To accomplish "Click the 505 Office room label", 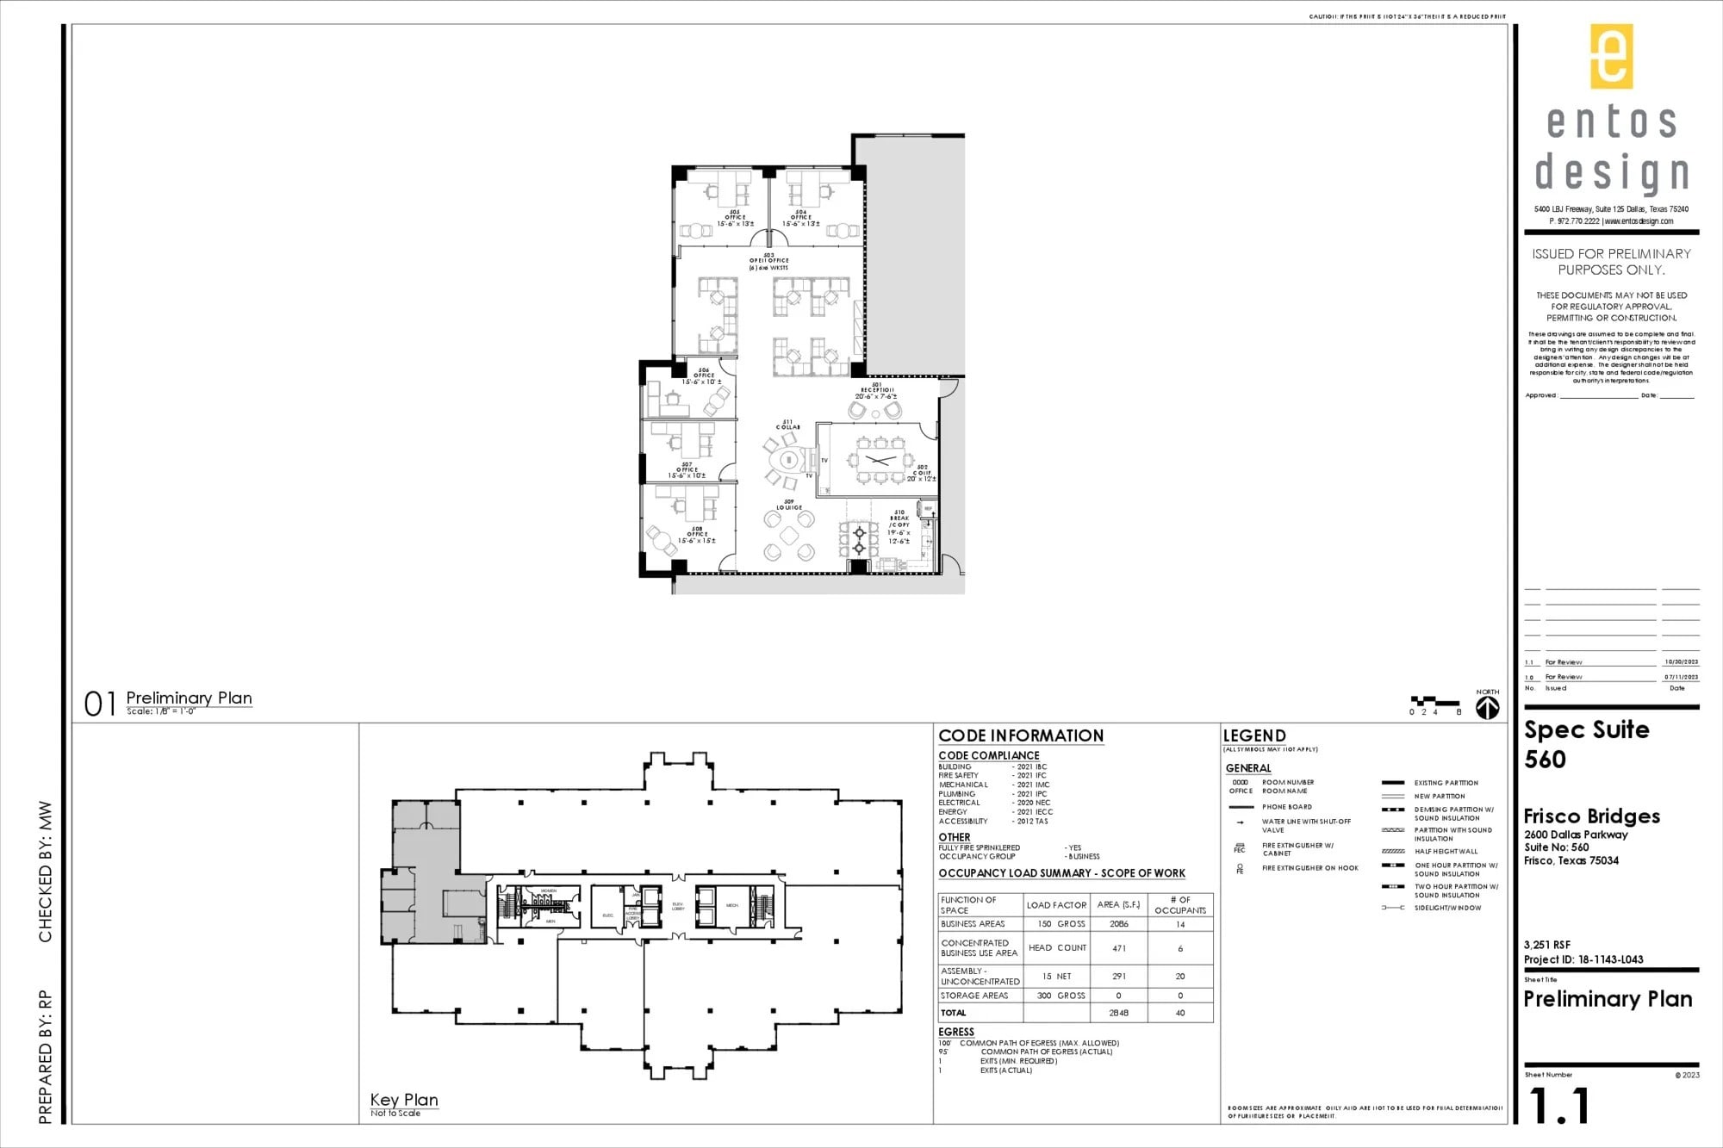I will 735,217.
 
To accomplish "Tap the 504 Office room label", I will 801,217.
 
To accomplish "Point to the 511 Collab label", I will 787,425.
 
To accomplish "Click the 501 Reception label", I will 877,390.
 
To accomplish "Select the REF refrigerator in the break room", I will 928,510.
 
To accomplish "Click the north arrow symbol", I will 1488,708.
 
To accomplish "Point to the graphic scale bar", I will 1434,702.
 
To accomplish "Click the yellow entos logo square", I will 1611,56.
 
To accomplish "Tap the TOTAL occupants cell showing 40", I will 1179,1013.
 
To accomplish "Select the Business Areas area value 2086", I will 1118,924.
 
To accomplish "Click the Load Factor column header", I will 1056,905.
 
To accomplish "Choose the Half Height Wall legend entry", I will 1446,852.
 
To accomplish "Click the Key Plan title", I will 404,1100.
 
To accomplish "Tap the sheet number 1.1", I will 1558,1107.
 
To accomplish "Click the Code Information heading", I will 1020,735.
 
